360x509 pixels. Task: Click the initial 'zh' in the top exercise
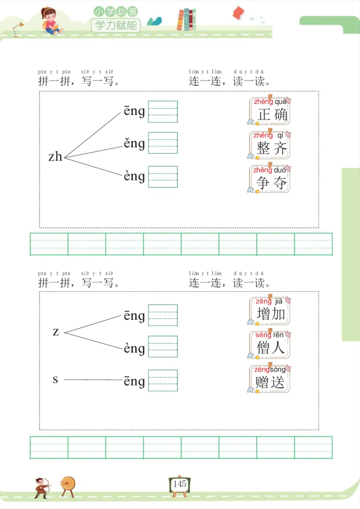coord(55,156)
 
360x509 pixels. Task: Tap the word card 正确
coord(270,111)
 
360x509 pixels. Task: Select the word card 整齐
coord(270,145)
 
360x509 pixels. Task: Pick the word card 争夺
coord(270,179)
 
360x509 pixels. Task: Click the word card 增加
coord(270,311)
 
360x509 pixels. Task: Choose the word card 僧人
coord(270,345)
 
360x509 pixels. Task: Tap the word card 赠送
coord(270,379)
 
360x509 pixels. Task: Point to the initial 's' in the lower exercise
coord(55,380)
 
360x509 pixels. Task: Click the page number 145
coord(179,484)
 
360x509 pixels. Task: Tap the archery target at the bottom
coord(68,485)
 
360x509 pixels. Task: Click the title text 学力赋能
coord(116,25)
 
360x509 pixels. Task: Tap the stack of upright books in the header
coord(187,20)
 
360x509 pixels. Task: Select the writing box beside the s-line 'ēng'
coord(163,381)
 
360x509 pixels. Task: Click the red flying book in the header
coord(238,13)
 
